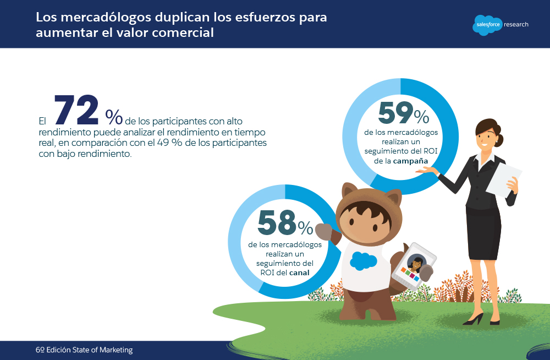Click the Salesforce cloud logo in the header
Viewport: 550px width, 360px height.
(486, 25)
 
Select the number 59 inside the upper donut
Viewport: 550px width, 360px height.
(395, 114)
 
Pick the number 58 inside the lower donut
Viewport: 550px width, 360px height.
(277, 223)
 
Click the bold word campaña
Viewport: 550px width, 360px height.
(411, 160)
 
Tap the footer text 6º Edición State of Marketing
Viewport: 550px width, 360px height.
(84, 350)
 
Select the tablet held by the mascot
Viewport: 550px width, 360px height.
(413, 266)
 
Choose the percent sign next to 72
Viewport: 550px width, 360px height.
(114, 117)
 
